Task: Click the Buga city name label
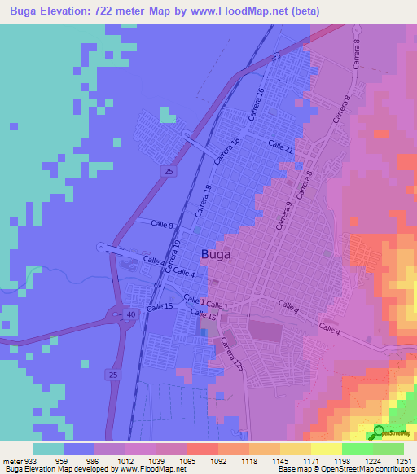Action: pyautogui.click(x=215, y=254)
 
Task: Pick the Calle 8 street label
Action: pyautogui.click(x=161, y=223)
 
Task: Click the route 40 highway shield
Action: pyautogui.click(x=130, y=314)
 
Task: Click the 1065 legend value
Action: pyautogui.click(x=187, y=460)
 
